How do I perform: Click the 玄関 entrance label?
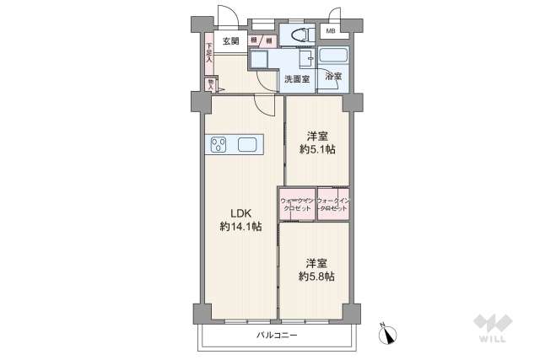230,40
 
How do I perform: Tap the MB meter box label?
330,32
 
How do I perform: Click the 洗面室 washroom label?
296,78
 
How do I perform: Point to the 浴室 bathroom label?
333,77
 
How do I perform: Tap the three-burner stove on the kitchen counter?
217,143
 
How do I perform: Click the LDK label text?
233,213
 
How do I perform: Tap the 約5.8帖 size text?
314,276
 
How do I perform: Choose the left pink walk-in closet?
297,203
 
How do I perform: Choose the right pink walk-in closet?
332,203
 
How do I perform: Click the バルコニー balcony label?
278,335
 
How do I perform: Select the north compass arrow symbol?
388,334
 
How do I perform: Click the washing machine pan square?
259,61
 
